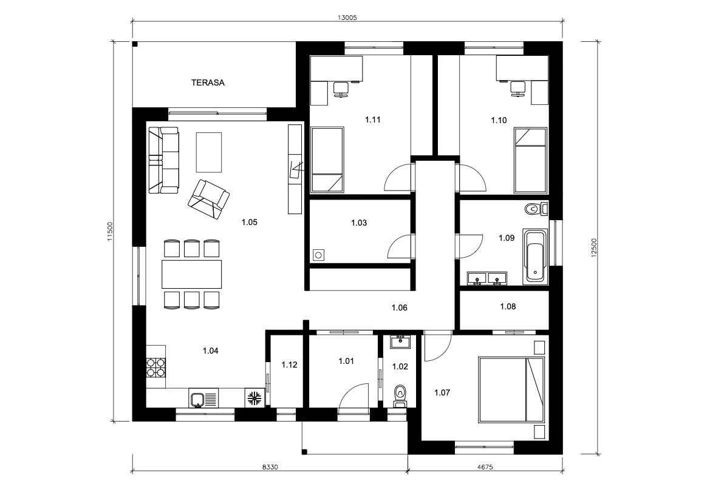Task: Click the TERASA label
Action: click(208, 82)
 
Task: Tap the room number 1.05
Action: click(250, 222)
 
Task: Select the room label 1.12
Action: click(289, 365)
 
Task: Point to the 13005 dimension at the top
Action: click(347, 18)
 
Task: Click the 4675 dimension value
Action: click(485, 467)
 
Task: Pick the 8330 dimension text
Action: click(270, 467)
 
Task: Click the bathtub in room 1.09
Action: click(535, 257)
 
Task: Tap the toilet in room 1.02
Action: click(400, 396)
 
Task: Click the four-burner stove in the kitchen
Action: click(155, 367)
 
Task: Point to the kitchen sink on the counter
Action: click(198, 399)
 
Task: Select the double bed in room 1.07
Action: click(511, 390)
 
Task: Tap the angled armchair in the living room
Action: click(209, 200)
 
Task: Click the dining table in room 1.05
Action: click(192, 274)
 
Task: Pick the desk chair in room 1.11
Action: click(340, 89)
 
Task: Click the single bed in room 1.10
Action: click(531, 160)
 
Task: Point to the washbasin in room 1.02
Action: click(400, 342)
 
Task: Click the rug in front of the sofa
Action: click(209, 152)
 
